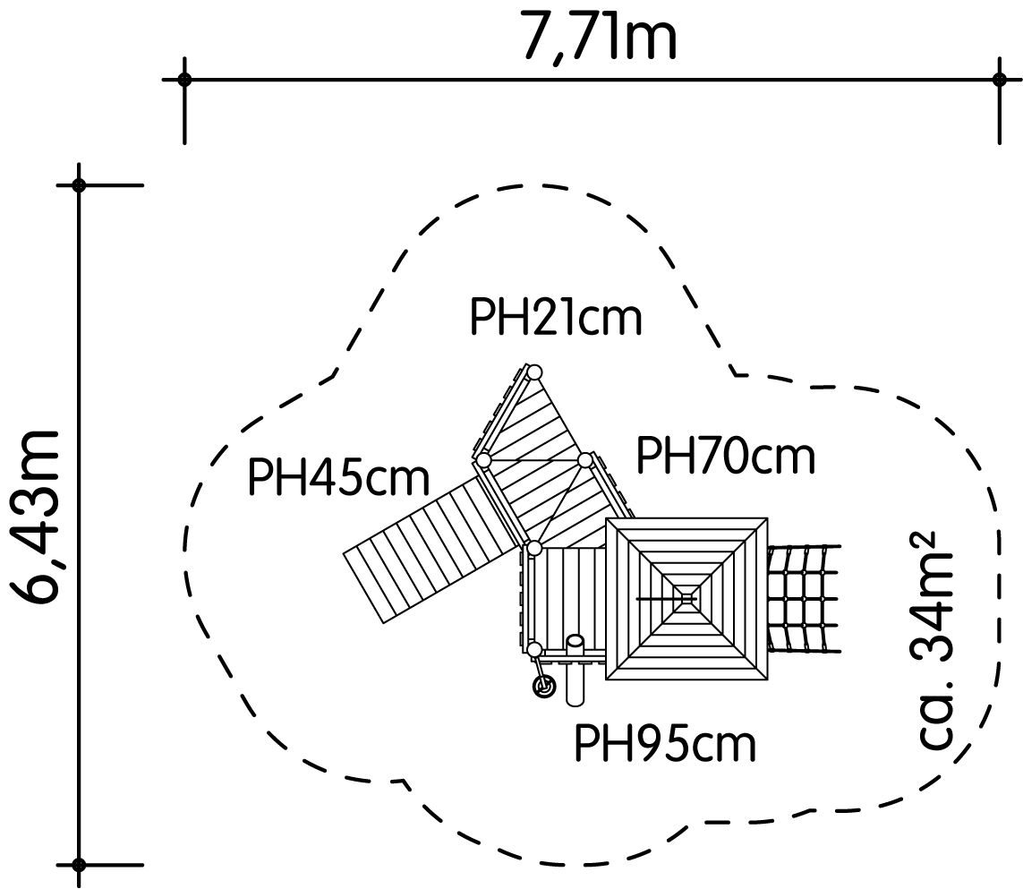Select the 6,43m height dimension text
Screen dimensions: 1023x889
point(36,517)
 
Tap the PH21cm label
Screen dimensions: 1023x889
point(556,317)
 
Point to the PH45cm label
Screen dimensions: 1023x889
point(338,477)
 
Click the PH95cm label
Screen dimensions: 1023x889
point(665,743)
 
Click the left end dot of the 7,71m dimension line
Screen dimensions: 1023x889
point(184,80)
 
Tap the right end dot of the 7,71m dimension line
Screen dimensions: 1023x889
point(999,80)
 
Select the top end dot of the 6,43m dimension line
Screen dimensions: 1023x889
point(79,185)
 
